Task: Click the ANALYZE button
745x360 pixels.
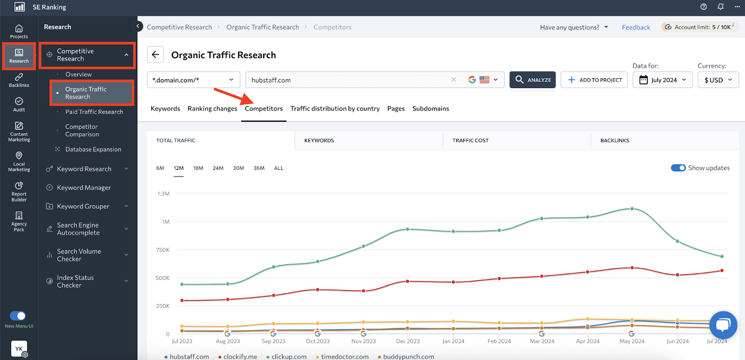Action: click(532, 80)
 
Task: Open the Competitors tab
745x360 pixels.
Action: click(264, 109)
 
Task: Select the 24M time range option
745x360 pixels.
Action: click(218, 168)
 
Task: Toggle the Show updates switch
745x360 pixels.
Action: click(678, 168)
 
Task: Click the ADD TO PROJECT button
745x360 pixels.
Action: click(594, 80)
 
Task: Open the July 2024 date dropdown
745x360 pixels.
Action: click(663, 80)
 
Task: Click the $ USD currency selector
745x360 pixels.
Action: click(718, 80)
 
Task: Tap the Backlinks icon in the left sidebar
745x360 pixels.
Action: click(19, 80)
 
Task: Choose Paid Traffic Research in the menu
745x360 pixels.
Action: click(94, 112)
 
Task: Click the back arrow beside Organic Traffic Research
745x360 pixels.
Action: click(156, 54)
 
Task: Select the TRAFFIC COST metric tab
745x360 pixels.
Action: click(470, 140)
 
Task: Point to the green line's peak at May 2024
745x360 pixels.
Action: click(632, 209)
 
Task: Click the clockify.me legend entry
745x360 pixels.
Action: click(240, 356)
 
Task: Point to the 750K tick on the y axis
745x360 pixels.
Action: click(163, 250)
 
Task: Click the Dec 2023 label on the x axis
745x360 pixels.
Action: click(407, 341)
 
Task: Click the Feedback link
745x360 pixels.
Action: click(636, 27)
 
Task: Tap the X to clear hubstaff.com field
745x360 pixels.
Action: click(454, 80)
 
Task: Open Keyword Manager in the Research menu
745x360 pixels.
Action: click(84, 188)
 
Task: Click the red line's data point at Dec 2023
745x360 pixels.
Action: click(407, 281)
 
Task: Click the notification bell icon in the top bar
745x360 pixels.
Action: click(720, 7)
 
